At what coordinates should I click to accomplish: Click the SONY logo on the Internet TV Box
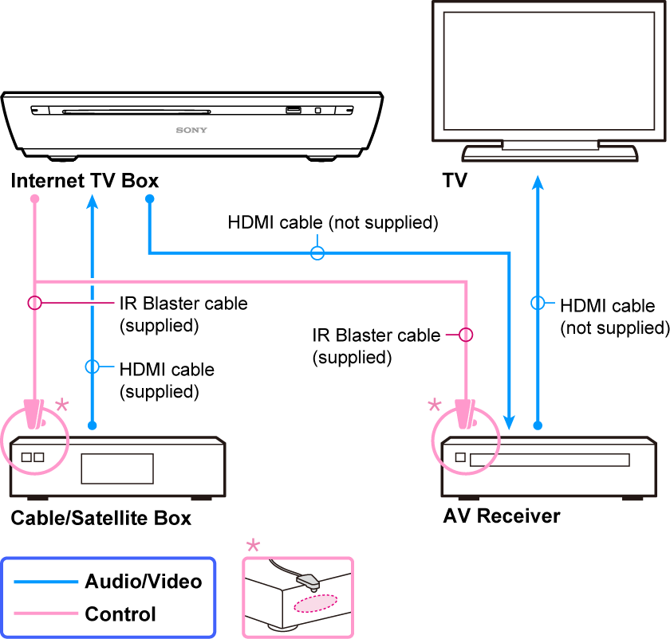[191, 129]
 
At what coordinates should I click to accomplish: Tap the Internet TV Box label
[85, 181]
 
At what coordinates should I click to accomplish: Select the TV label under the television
[455, 181]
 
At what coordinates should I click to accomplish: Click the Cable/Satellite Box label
[101, 519]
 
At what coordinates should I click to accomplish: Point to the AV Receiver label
[502, 516]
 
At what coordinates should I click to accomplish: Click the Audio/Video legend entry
[144, 581]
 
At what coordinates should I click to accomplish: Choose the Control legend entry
[120, 614]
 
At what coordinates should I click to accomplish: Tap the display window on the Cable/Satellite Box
[116, 468]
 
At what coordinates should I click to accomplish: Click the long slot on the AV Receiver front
[550, 460]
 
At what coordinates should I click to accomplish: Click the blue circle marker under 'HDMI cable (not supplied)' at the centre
[317, 253]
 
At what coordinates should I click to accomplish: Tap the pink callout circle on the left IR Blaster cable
[34, 303]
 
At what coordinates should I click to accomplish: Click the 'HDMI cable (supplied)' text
[167, 380]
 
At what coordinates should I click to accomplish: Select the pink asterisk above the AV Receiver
[435, 406]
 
